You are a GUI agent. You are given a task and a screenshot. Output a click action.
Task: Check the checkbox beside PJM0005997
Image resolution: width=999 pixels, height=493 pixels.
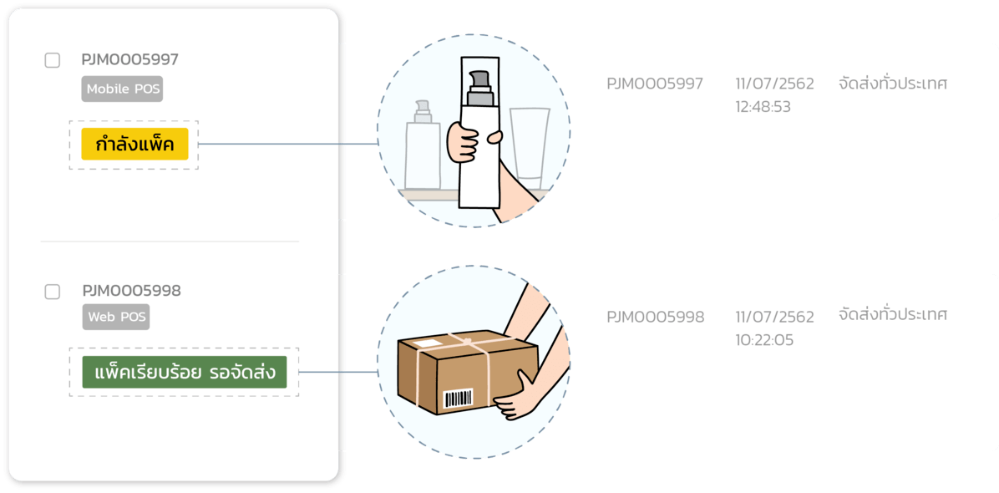52,60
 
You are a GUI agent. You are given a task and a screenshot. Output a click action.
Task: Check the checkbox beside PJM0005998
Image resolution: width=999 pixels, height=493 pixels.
52,292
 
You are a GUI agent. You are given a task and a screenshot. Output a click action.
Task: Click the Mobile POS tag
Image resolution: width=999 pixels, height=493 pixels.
122,89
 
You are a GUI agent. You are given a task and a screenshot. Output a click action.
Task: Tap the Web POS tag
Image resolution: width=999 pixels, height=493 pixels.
116,318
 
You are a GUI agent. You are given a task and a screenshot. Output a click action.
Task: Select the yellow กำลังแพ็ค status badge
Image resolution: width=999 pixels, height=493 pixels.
134,145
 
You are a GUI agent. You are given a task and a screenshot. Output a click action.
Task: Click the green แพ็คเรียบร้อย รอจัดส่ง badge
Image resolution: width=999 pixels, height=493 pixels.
185,373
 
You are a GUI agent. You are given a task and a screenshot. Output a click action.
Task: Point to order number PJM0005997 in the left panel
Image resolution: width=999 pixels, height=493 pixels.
129,60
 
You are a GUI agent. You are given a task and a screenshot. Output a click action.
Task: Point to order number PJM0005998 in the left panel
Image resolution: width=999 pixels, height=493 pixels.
131,292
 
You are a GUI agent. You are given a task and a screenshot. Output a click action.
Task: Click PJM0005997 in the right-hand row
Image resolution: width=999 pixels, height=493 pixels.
655,84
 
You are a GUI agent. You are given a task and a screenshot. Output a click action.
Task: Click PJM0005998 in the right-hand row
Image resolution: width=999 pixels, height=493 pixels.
656,317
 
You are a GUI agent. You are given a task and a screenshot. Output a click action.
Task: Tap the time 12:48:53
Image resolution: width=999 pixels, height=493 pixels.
763,107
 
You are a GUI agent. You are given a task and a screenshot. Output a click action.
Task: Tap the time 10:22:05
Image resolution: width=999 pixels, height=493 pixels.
764,340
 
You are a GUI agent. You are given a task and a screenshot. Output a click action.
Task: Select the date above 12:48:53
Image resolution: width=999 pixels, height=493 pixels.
774,84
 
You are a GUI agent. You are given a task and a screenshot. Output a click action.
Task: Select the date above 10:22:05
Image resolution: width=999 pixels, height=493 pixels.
774,317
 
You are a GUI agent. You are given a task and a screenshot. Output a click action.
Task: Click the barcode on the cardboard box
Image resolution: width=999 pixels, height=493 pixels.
457,398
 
